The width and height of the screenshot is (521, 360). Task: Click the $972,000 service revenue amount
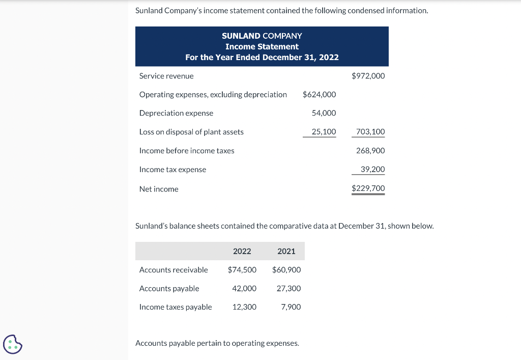coord(368,76)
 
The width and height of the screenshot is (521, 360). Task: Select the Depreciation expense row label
coord(176,113)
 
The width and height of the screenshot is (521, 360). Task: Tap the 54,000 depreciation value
coord(324,113)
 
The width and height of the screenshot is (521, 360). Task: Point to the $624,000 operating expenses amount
coord(319,95)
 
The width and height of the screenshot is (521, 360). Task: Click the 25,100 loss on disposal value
coord(324,132)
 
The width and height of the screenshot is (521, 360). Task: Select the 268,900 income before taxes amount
coord(370,151)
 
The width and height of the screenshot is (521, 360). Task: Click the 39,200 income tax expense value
coord(372,169)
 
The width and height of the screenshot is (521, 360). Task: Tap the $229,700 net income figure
coord(368,188)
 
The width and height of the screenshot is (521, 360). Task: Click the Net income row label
coord(159,189)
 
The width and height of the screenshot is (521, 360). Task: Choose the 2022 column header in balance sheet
coord(242,251)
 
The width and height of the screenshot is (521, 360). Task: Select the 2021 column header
coord(286,251)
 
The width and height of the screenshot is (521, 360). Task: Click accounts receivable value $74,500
coord(242,270)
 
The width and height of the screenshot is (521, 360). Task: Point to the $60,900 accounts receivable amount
coord(286,270)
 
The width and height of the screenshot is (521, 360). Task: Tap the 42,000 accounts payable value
coord(244,288)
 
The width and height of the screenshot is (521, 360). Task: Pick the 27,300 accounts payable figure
coord(288,288)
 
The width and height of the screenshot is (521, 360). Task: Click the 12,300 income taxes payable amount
coord(244,307)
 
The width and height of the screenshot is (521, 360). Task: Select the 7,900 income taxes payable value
coord(291,307)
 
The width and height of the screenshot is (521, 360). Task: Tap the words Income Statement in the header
coord(262,46)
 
